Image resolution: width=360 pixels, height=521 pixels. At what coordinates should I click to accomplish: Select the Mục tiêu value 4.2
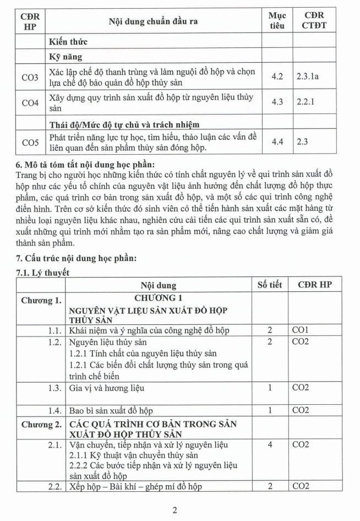tap(277, 76)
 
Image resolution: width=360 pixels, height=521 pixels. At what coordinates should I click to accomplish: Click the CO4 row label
tap(30, 103)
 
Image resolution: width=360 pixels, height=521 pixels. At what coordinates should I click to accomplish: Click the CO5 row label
tap(30, 143)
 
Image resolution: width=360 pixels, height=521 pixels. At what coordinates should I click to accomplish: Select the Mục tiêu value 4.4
tap(277, 142)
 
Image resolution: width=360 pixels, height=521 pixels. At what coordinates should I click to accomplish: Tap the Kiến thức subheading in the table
tap(68, 41)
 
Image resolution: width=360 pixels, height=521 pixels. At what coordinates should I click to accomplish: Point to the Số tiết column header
tap(270, 285)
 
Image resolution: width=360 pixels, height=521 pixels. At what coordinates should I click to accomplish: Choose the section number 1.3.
tap(53, 388)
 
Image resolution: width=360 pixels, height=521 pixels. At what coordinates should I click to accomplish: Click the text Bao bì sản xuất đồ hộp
tap(111, 410)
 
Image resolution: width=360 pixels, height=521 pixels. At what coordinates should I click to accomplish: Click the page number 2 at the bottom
tap(174, 510)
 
